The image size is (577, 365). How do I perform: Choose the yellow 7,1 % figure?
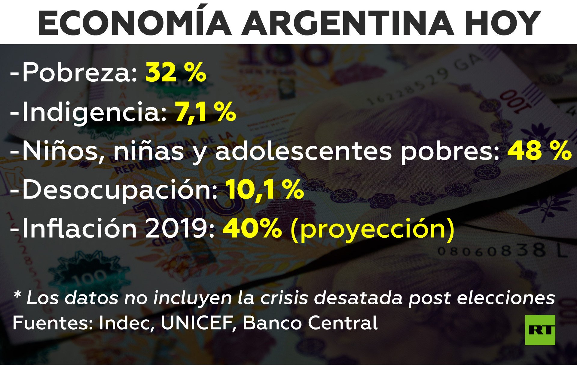(206, 111)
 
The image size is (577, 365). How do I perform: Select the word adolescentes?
(304, 151)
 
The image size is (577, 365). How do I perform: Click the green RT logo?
(540, 330)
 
